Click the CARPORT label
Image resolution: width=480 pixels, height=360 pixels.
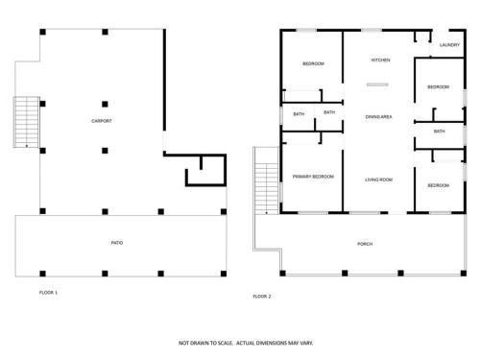coord(102,121)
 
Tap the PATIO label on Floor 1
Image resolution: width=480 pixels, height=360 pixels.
coord(117,243)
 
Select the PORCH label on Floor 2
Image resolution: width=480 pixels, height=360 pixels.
coord(365,244)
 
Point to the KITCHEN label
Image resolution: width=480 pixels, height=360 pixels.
coord(380,60)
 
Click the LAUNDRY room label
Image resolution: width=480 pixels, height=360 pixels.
coord(449,45)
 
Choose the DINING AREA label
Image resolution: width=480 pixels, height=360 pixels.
coord(378,117)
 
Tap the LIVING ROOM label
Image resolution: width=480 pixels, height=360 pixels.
coord(379,180)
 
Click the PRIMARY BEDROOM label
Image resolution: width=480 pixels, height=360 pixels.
coord(313,177)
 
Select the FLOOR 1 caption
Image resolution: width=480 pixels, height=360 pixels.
coord(48,293)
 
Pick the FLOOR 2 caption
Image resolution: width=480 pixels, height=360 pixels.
coord(262,297)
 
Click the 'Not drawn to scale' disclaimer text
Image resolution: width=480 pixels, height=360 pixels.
coord(246,343)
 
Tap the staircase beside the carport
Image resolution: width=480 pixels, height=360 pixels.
coord(27,122)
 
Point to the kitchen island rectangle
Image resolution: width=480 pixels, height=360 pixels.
coord(377,84)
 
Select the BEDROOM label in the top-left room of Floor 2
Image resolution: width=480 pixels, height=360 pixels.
coord(313,64)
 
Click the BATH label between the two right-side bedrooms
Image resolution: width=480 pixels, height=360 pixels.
coord(439,132)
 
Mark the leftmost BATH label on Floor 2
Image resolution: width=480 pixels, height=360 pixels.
coord(299,114)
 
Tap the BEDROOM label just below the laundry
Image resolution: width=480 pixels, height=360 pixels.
coord(439,87)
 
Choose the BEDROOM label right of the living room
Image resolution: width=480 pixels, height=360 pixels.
coord(439,185)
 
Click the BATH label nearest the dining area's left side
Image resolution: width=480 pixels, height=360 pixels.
coord(329,112)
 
